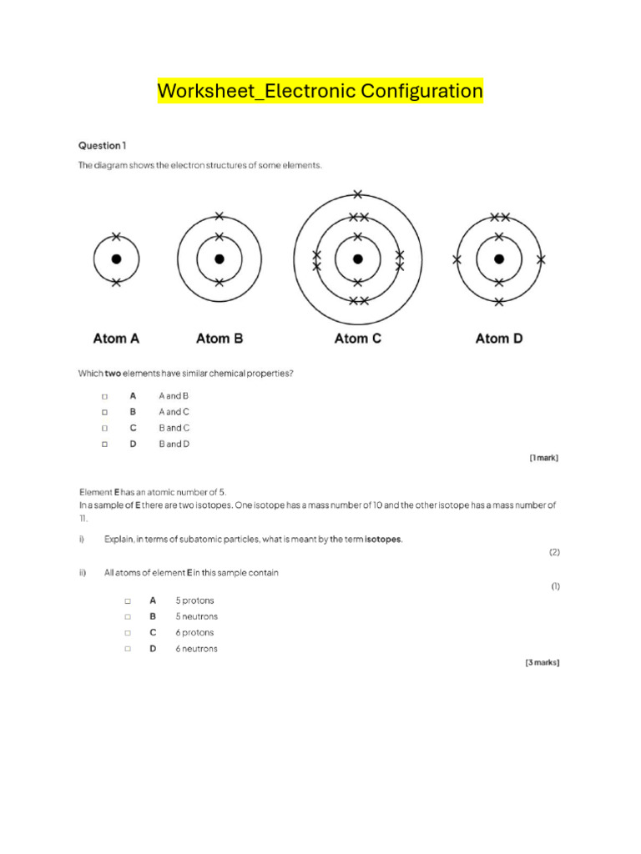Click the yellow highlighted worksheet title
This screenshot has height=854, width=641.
click(320, 90)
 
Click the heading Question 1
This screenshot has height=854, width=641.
click(103, 145)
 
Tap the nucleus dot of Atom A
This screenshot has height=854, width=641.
click(116, 259)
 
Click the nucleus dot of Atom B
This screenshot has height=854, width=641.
click(219, 259)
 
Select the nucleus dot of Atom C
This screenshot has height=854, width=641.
click(358, 259)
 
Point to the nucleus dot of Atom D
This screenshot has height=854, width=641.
click(498, 259)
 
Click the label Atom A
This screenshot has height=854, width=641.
click(116, 339)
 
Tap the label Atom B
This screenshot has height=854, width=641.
click(220, 339)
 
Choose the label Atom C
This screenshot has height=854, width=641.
click(358, 339)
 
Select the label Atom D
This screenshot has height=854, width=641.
click(499, 339)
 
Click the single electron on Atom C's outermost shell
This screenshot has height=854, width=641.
click(358, 194)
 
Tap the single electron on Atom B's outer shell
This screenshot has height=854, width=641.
click(219, 216)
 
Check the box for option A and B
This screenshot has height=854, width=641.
click(105, 396)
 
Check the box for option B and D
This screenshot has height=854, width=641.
click(105, 445)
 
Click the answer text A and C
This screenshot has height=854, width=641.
click(174, 412)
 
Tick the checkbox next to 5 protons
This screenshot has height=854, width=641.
click(128, 600)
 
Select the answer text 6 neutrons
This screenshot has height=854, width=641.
click(196, 649)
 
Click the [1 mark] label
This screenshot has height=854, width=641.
click(543, 458)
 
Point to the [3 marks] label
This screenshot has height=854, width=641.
click(542, 663)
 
